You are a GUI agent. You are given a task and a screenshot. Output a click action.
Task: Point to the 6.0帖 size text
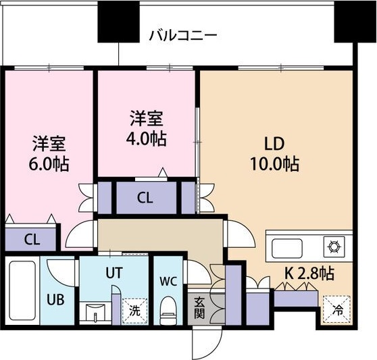click(x=49, y=163)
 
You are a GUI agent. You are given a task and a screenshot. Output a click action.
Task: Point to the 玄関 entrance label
click(x=201, y=307)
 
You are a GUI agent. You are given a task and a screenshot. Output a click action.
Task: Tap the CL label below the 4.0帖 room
click(x=144, y=198)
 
